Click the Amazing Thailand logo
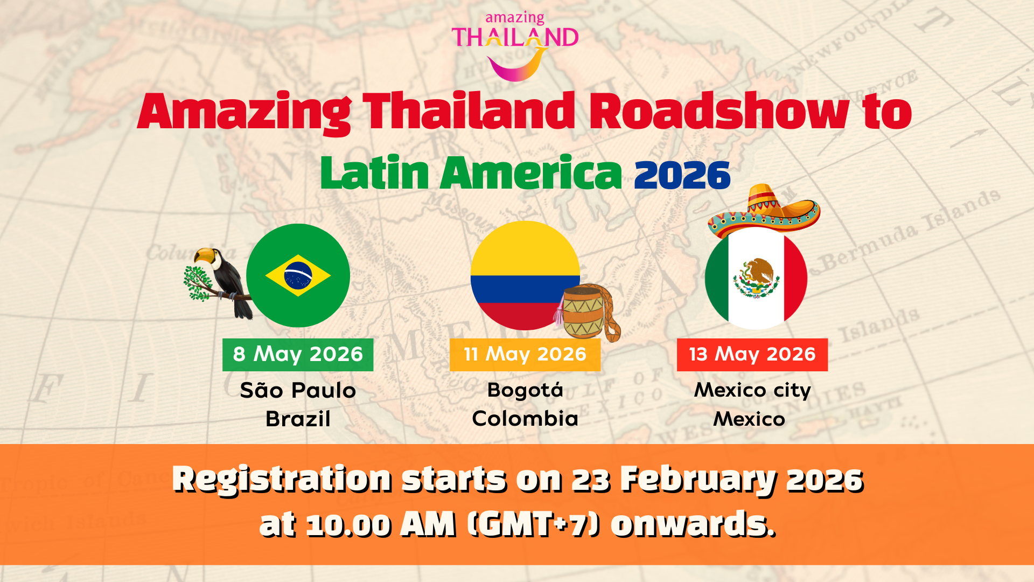[x=515, y=46]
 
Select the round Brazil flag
[x=298, y=275]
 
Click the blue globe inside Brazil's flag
[x=298, y=275]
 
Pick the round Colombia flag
[x=525, y=275]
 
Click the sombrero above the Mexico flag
[x=764, y=211]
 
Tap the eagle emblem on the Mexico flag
[x=756, y=278]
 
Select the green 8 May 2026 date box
[x=298, y=355]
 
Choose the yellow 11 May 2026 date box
[x=525, y=355]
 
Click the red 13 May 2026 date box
[x=752, y=355]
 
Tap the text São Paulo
[x=298, y=390]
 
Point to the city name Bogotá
[x=525, y=390]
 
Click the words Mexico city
[x=752, y=390]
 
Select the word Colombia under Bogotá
[x=525, y=419]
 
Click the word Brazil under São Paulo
[x=298, y=419]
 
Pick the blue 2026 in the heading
[x=682, y=175]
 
